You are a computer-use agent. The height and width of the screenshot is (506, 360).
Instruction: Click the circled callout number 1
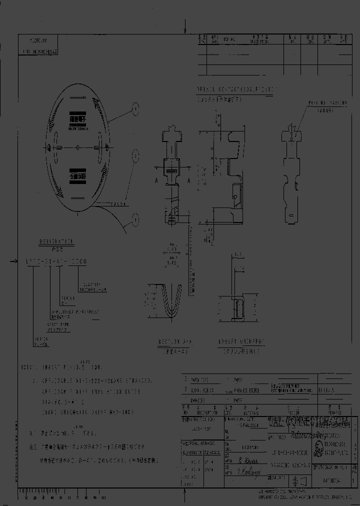134,106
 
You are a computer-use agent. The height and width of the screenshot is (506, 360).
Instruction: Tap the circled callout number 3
135,217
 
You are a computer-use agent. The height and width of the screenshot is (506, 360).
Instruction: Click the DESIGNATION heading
56,241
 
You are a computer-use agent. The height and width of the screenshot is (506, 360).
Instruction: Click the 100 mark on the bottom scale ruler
103,498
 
